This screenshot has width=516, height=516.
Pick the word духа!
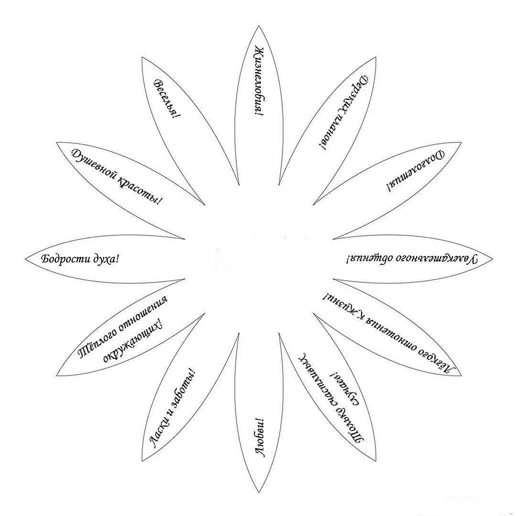pos(105,259)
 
